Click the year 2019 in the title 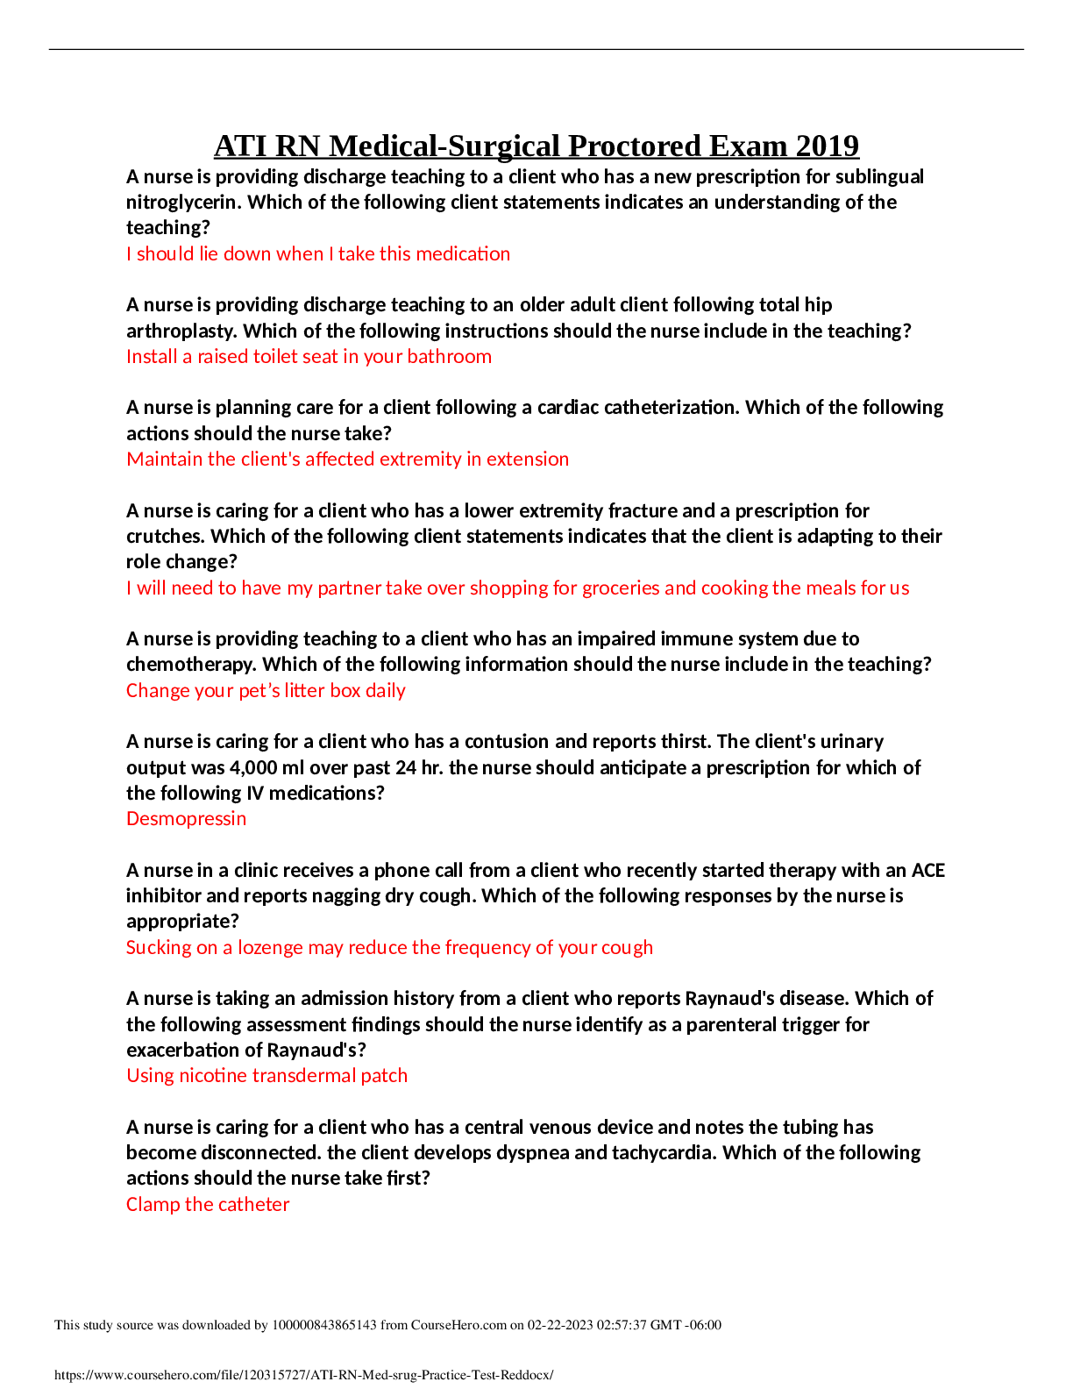pyautogui.click(x=827, y=146)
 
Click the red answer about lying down pyautogui.click(x=318, y=253)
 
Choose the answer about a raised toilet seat pyautogui.click(x=309, y=357)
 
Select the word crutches pyautogui.click(x=166, y=536)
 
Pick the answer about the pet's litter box pyautogui.click(x=266, y=690)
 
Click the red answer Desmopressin pyautogui.click(x=186, y=819)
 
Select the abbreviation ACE pyautogui.click(x=928, y=871)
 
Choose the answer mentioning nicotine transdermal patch pyautogui.click(x=267, y=1076)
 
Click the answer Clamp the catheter pyautogui.click(x=208, y=1204)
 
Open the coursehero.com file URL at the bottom pyautogui.click(x=304, y=1375)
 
